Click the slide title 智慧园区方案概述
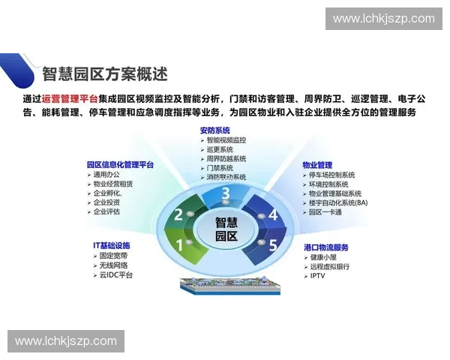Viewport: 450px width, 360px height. coord(105,74)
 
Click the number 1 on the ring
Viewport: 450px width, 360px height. coord(179,244)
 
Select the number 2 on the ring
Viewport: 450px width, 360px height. coord(178,215)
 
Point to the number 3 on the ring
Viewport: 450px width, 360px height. coord(226,194)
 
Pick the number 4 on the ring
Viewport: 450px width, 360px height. coord(273,215)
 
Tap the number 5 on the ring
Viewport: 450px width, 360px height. coord(273,244)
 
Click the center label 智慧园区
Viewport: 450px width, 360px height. coord(226,229)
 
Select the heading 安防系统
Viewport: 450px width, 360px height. coord(215,130)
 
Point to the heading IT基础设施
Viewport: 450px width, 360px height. coord(111,245)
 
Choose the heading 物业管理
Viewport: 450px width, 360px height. coord(317,165)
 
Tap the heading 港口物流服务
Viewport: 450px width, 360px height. coord(326,247)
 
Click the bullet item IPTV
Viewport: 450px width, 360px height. coord(318,276)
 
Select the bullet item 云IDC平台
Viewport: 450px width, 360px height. coord(116,275)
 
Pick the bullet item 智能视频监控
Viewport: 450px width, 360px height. coord(226,139)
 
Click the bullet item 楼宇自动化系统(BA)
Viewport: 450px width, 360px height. coord(338,202)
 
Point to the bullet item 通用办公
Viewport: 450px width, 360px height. coord(107,175)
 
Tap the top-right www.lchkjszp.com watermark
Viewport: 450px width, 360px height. coord(383,19)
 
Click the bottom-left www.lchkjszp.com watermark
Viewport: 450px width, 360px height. coord(66,341)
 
